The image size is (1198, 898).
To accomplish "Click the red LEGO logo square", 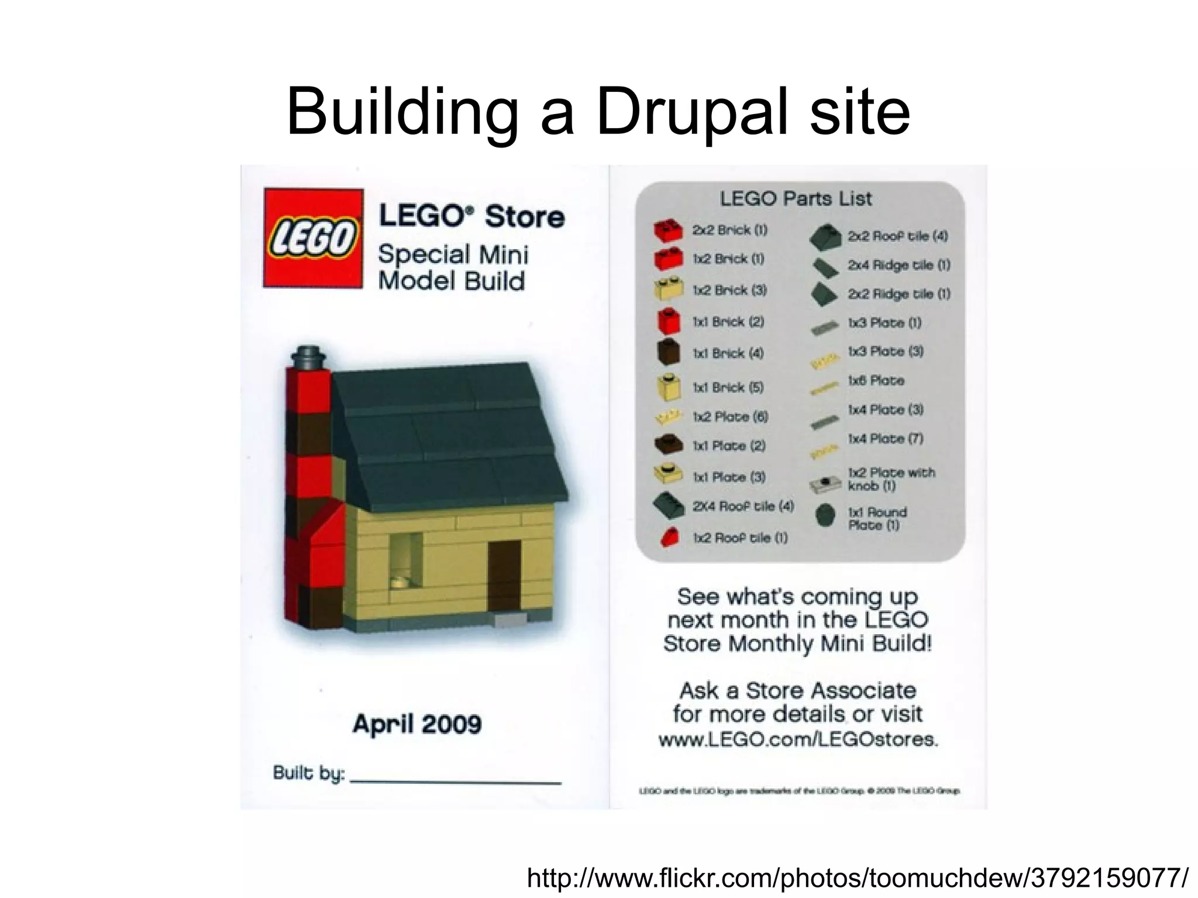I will coord(313,238).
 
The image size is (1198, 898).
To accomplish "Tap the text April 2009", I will coord(417,724).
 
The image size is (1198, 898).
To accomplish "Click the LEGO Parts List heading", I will coord(796,199).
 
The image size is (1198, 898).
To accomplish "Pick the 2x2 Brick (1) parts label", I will coord(729,230).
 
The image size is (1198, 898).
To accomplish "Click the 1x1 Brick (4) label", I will coord(728,353).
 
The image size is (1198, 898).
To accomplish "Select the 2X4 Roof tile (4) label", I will coord(743,506).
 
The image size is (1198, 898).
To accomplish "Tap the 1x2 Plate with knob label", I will coord(891,479).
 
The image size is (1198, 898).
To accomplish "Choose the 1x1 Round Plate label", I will coord(877,518).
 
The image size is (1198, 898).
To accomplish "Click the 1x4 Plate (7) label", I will coord(886,439).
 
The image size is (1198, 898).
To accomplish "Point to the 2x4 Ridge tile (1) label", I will coord(899,265).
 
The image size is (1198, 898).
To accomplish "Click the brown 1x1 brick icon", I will coord(669,352).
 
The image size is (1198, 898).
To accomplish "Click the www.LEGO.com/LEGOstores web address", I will coord(798,739).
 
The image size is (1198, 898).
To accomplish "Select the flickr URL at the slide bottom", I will coord(858,878).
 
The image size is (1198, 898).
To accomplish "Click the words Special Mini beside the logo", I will coord(453,255).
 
